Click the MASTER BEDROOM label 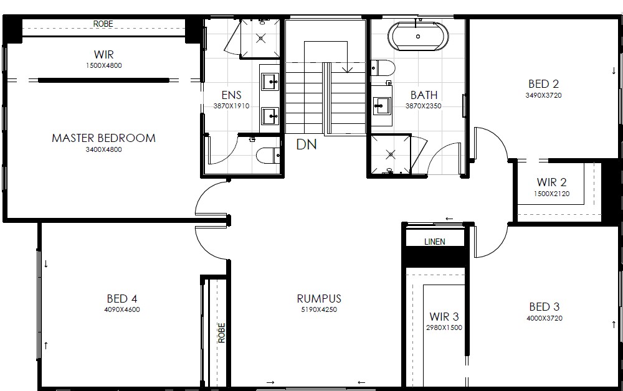point(103,138)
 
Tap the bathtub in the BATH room point(418,37)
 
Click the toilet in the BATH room point(383,68)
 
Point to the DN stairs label point(307,144)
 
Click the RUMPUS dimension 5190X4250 point(319,309)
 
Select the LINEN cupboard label point(435,242)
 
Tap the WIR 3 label point(444,317)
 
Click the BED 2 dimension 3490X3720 point(543,95)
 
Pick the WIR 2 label point(551,182)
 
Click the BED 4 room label point(122,298)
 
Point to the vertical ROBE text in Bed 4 point(222,332)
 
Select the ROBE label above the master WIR point(103,24)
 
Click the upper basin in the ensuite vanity point(270,82)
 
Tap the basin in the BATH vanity point(382,106)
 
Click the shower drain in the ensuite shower point(260,39)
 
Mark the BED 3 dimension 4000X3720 point(545,318)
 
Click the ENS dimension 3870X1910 point(231,106)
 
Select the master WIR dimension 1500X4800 point(103,65)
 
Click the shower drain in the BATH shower point(391,154)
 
